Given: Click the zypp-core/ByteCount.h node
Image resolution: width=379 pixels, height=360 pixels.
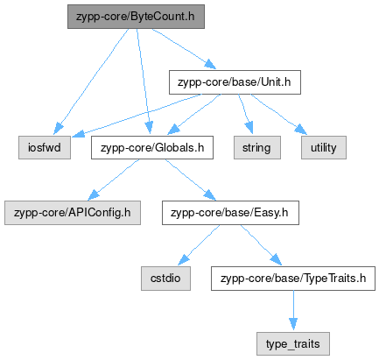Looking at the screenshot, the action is tap(136, 17).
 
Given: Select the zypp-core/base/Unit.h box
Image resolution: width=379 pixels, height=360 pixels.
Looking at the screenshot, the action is tap(235, 82).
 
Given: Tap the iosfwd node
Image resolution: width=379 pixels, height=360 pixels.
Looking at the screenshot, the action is tap(45, 147).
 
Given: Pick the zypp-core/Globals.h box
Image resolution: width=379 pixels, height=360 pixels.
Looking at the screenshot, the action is tap(152, 147).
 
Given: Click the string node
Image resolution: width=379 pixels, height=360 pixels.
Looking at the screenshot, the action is tap(257, 147).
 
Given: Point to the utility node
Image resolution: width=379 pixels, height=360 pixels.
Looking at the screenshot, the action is tap(324, 147).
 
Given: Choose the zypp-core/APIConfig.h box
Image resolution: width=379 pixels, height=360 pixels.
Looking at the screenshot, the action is tap(73, 213).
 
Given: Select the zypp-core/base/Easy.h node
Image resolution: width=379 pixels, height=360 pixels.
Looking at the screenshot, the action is tap(230, 213).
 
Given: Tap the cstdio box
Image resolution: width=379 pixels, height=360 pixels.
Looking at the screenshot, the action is tap(165, 279).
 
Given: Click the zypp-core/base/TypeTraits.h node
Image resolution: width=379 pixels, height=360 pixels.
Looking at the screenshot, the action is tap(293, 279).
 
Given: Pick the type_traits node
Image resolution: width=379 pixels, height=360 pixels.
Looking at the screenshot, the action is tap(293, 343).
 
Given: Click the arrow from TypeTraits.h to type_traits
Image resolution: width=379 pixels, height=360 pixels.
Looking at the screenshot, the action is tap(293, 311).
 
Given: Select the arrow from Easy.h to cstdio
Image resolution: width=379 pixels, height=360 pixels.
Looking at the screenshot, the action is tap(199, 245).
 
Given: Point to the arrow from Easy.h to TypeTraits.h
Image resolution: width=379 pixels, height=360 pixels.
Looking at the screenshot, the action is tap(261, 245).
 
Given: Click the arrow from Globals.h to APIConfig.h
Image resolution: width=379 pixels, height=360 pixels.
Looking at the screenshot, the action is tap(114, 180).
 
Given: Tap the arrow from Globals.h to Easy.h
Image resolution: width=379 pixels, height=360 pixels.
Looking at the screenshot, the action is tap(191, 180).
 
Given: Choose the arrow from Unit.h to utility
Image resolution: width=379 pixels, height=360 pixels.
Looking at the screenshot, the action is tap(279, 115).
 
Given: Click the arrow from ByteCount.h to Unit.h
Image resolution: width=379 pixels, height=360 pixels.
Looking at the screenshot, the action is tap(184, 49).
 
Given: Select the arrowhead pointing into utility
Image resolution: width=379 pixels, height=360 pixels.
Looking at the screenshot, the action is tap(302, 130).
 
